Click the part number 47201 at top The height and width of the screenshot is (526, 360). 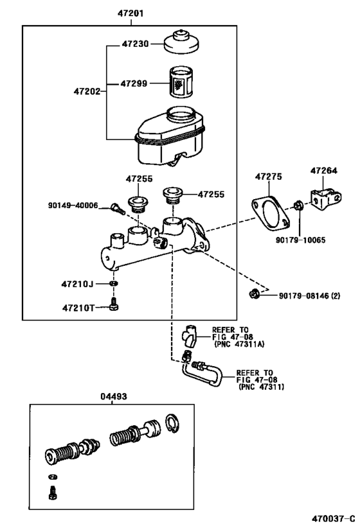pyautogui.click(x=130, y=13)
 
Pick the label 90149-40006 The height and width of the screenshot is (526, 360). pyautogui.click(x=73, y=206)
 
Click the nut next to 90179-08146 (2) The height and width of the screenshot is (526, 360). pyautogui.click(x=255, y=295)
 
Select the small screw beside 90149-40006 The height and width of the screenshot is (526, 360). pyautogui.click(x=116, y=208)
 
